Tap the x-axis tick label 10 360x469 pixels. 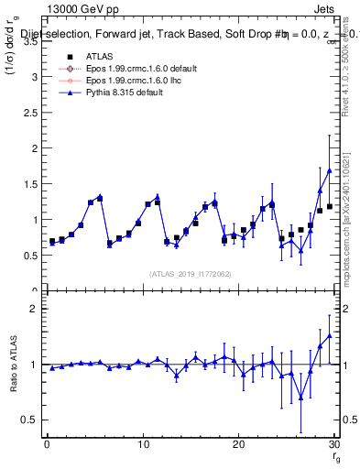pos(142,444)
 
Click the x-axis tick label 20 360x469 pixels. pos(238,444)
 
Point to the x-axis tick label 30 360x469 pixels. pos(333,444)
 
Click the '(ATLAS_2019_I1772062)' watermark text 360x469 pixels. pos(191,273)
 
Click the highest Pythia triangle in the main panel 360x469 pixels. pos(329,170)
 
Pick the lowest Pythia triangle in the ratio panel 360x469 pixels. pos(300,398)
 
